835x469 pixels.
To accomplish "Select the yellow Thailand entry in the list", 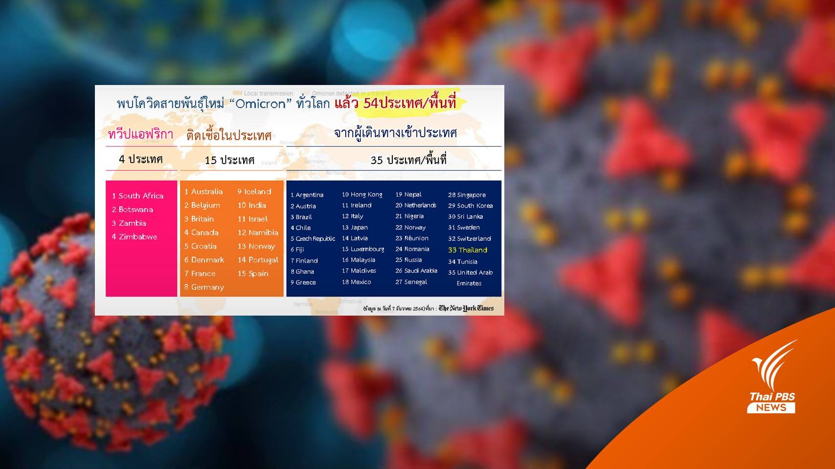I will pos(468,250).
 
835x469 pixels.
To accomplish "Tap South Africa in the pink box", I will pos(137,196).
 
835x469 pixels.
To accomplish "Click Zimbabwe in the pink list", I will pos(135,237).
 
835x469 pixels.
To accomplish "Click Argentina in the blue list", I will pos(307,195).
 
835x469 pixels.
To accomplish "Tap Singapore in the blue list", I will pos(467,195).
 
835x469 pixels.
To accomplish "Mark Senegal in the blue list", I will pos(411,282).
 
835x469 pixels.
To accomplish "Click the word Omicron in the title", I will pos(261,104).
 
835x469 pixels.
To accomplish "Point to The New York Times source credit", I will pos(466,308).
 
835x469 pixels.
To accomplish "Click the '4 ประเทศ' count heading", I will pos(141,159).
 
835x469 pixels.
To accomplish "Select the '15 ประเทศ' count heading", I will pos(229,160).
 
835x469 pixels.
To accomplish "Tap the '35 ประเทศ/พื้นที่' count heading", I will pos(408,160).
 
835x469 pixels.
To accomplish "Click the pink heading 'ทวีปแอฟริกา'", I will pos(140,134).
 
